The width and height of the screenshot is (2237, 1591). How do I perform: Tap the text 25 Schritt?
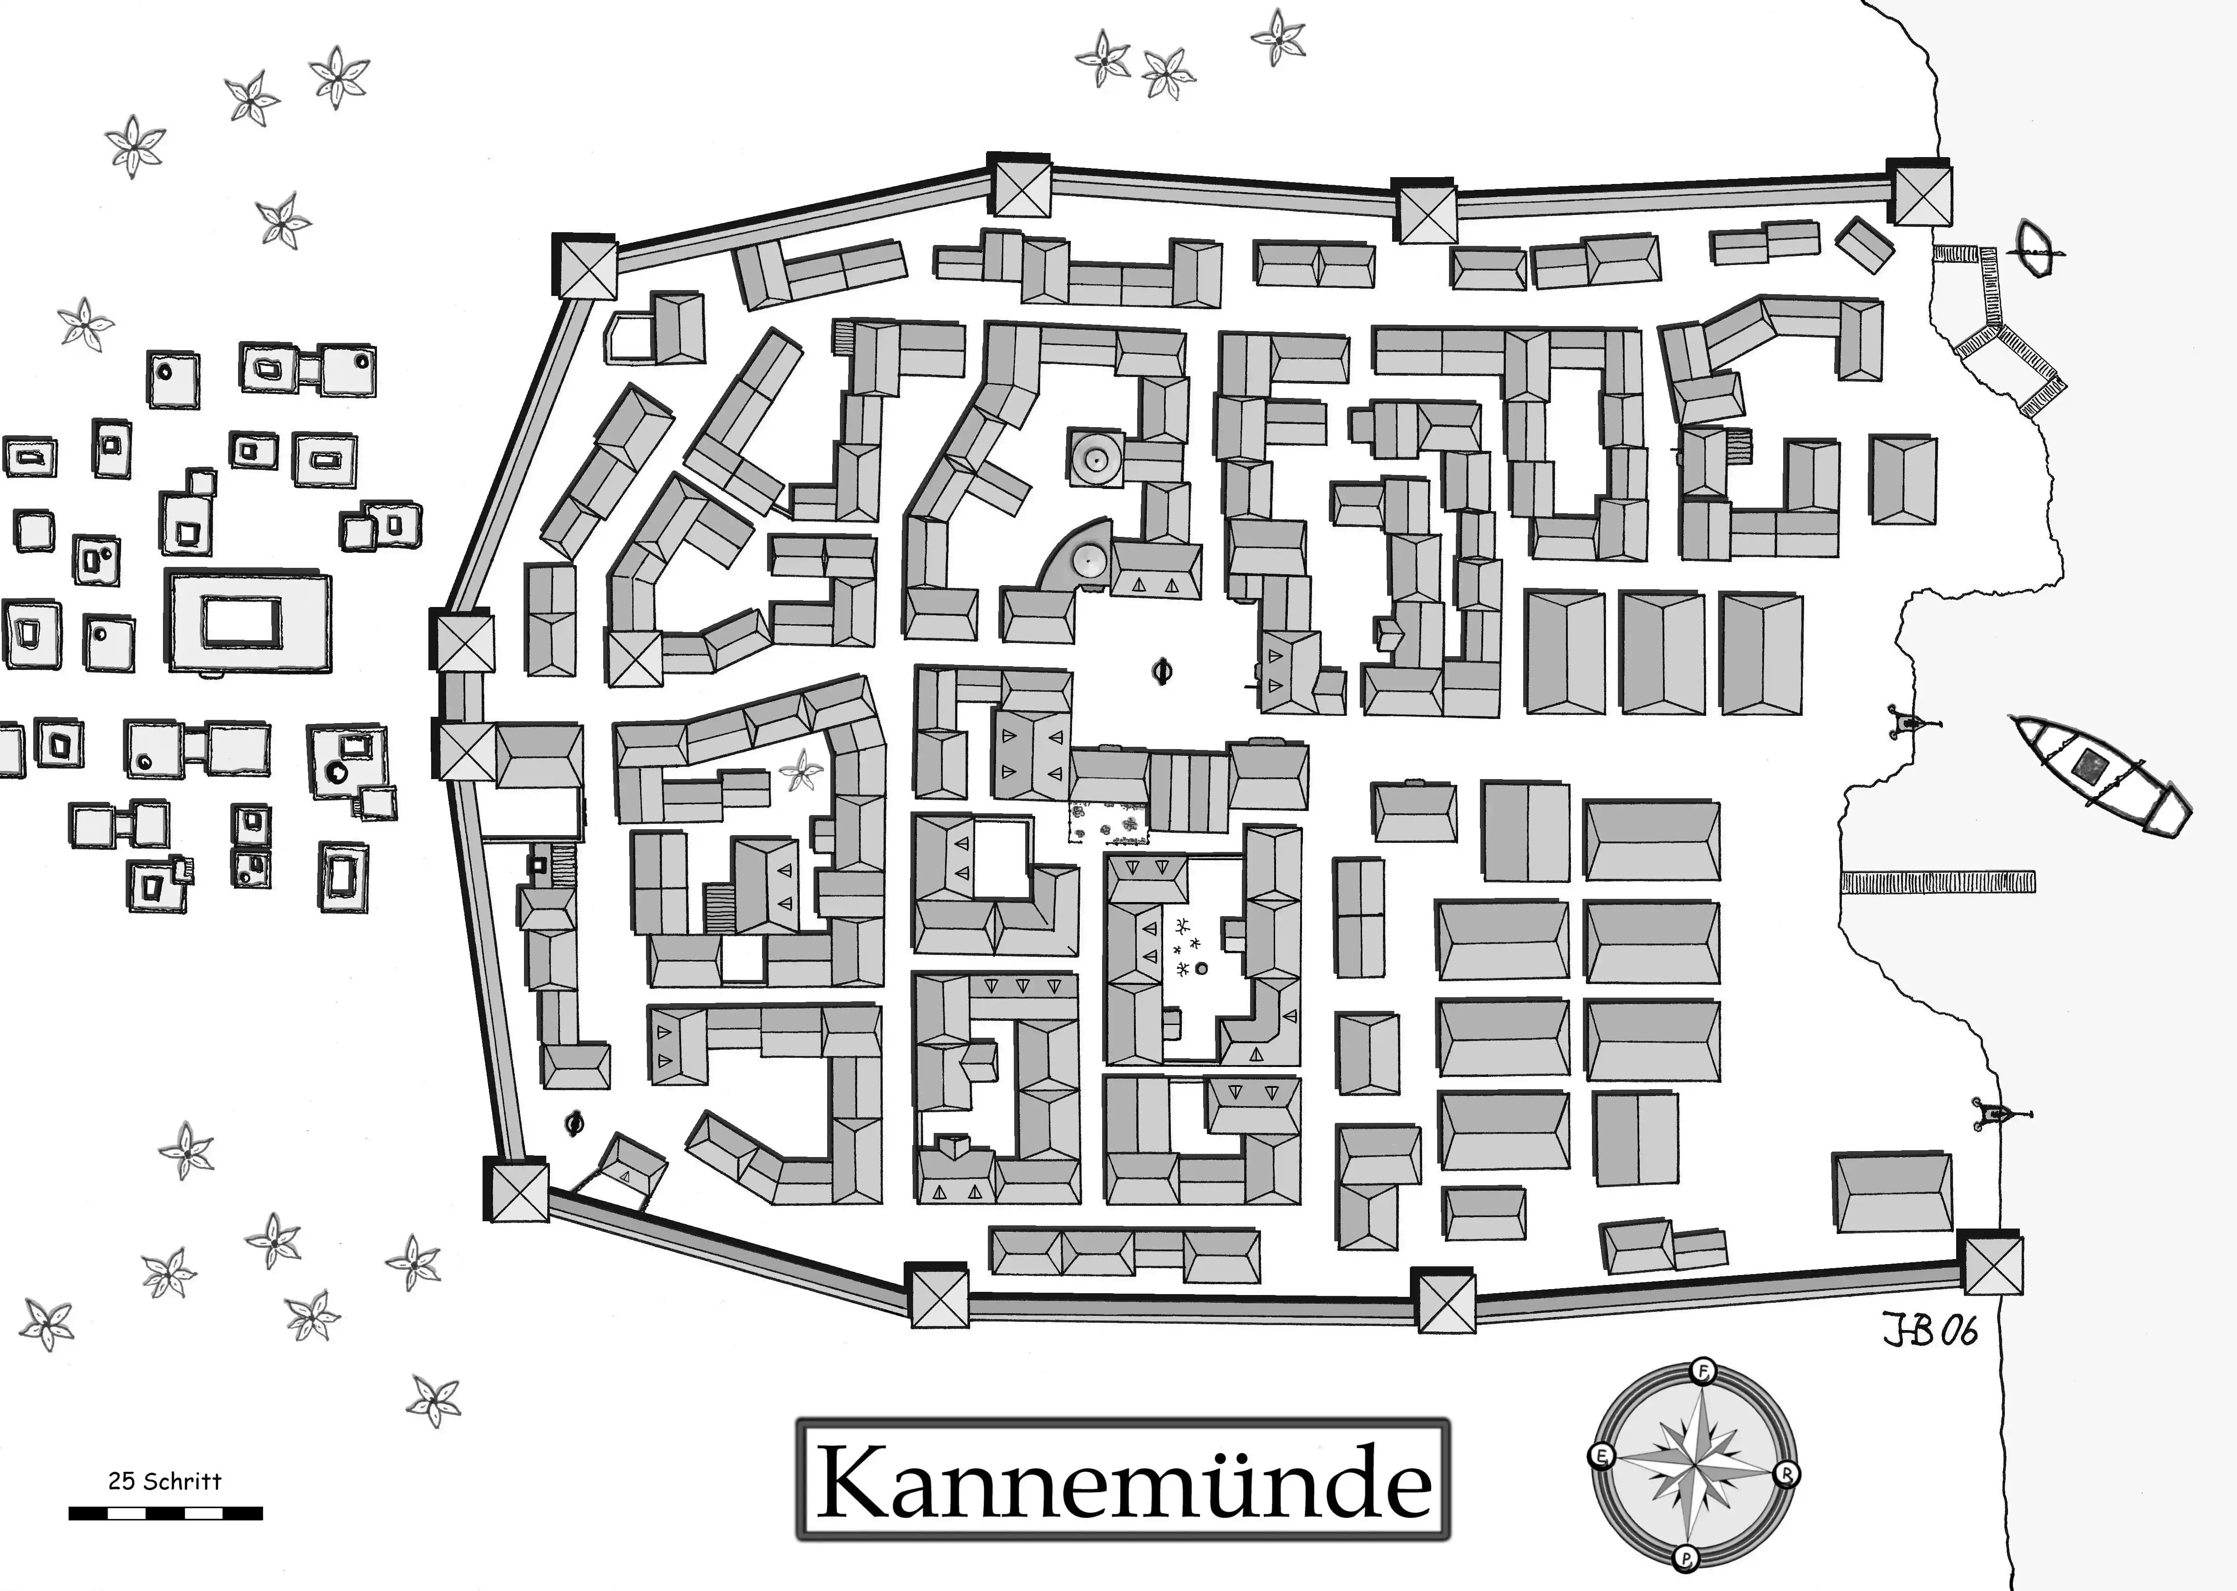pos(164,1480)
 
